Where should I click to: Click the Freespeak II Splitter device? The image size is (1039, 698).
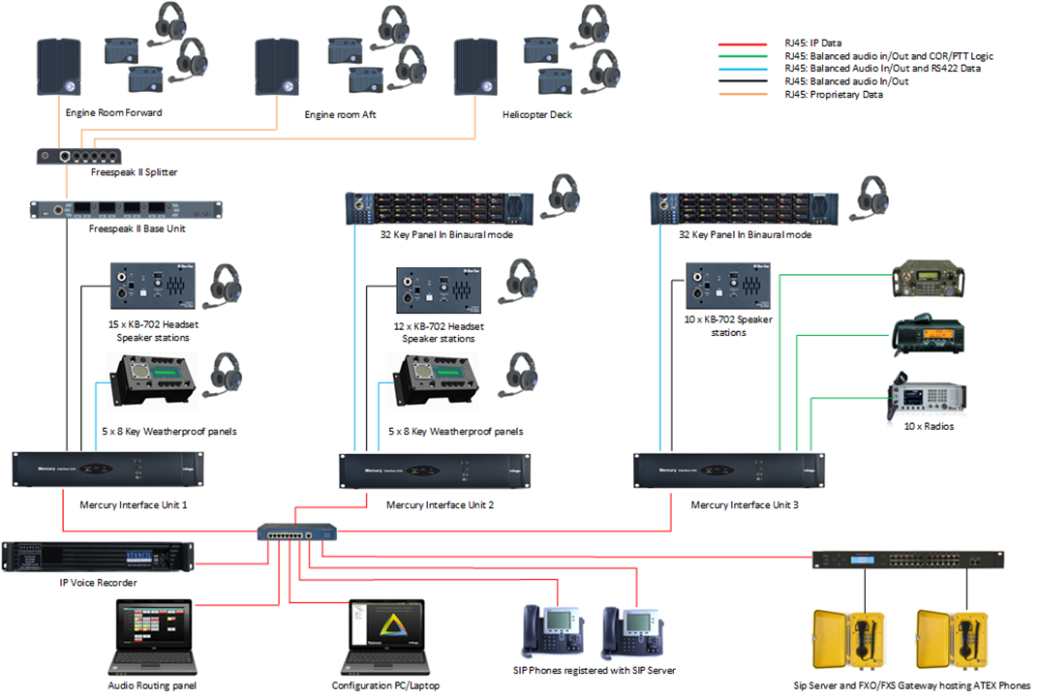click(79, 156)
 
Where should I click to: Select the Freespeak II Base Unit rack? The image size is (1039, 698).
click(126, 211)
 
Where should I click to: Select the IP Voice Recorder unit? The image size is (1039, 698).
click(98, 558)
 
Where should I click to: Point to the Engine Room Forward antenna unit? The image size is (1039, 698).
click(61, 69)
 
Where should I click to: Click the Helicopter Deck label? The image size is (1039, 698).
click(537, 114)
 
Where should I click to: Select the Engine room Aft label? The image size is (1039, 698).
click(340, 115)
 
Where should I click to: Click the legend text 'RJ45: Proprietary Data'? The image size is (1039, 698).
click(833, 94)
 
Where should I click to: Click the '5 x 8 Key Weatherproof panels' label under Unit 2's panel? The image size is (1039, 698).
click(455, 431)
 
